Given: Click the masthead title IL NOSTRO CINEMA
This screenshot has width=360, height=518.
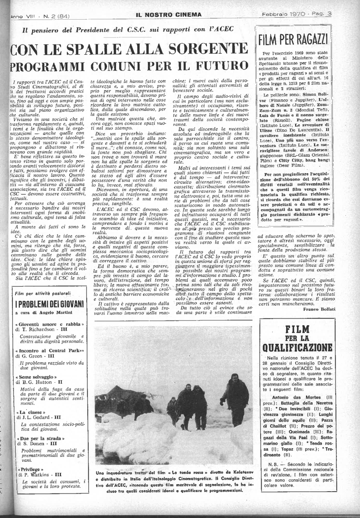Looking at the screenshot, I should click(x=168, y=15).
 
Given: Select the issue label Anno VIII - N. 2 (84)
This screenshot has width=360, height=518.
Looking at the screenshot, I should click(x=34, y=15).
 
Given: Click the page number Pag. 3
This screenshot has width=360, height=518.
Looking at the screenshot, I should click(x=338, y=15).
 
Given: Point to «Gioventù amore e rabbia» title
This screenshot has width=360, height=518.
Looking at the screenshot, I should click(x=49, y=325).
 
